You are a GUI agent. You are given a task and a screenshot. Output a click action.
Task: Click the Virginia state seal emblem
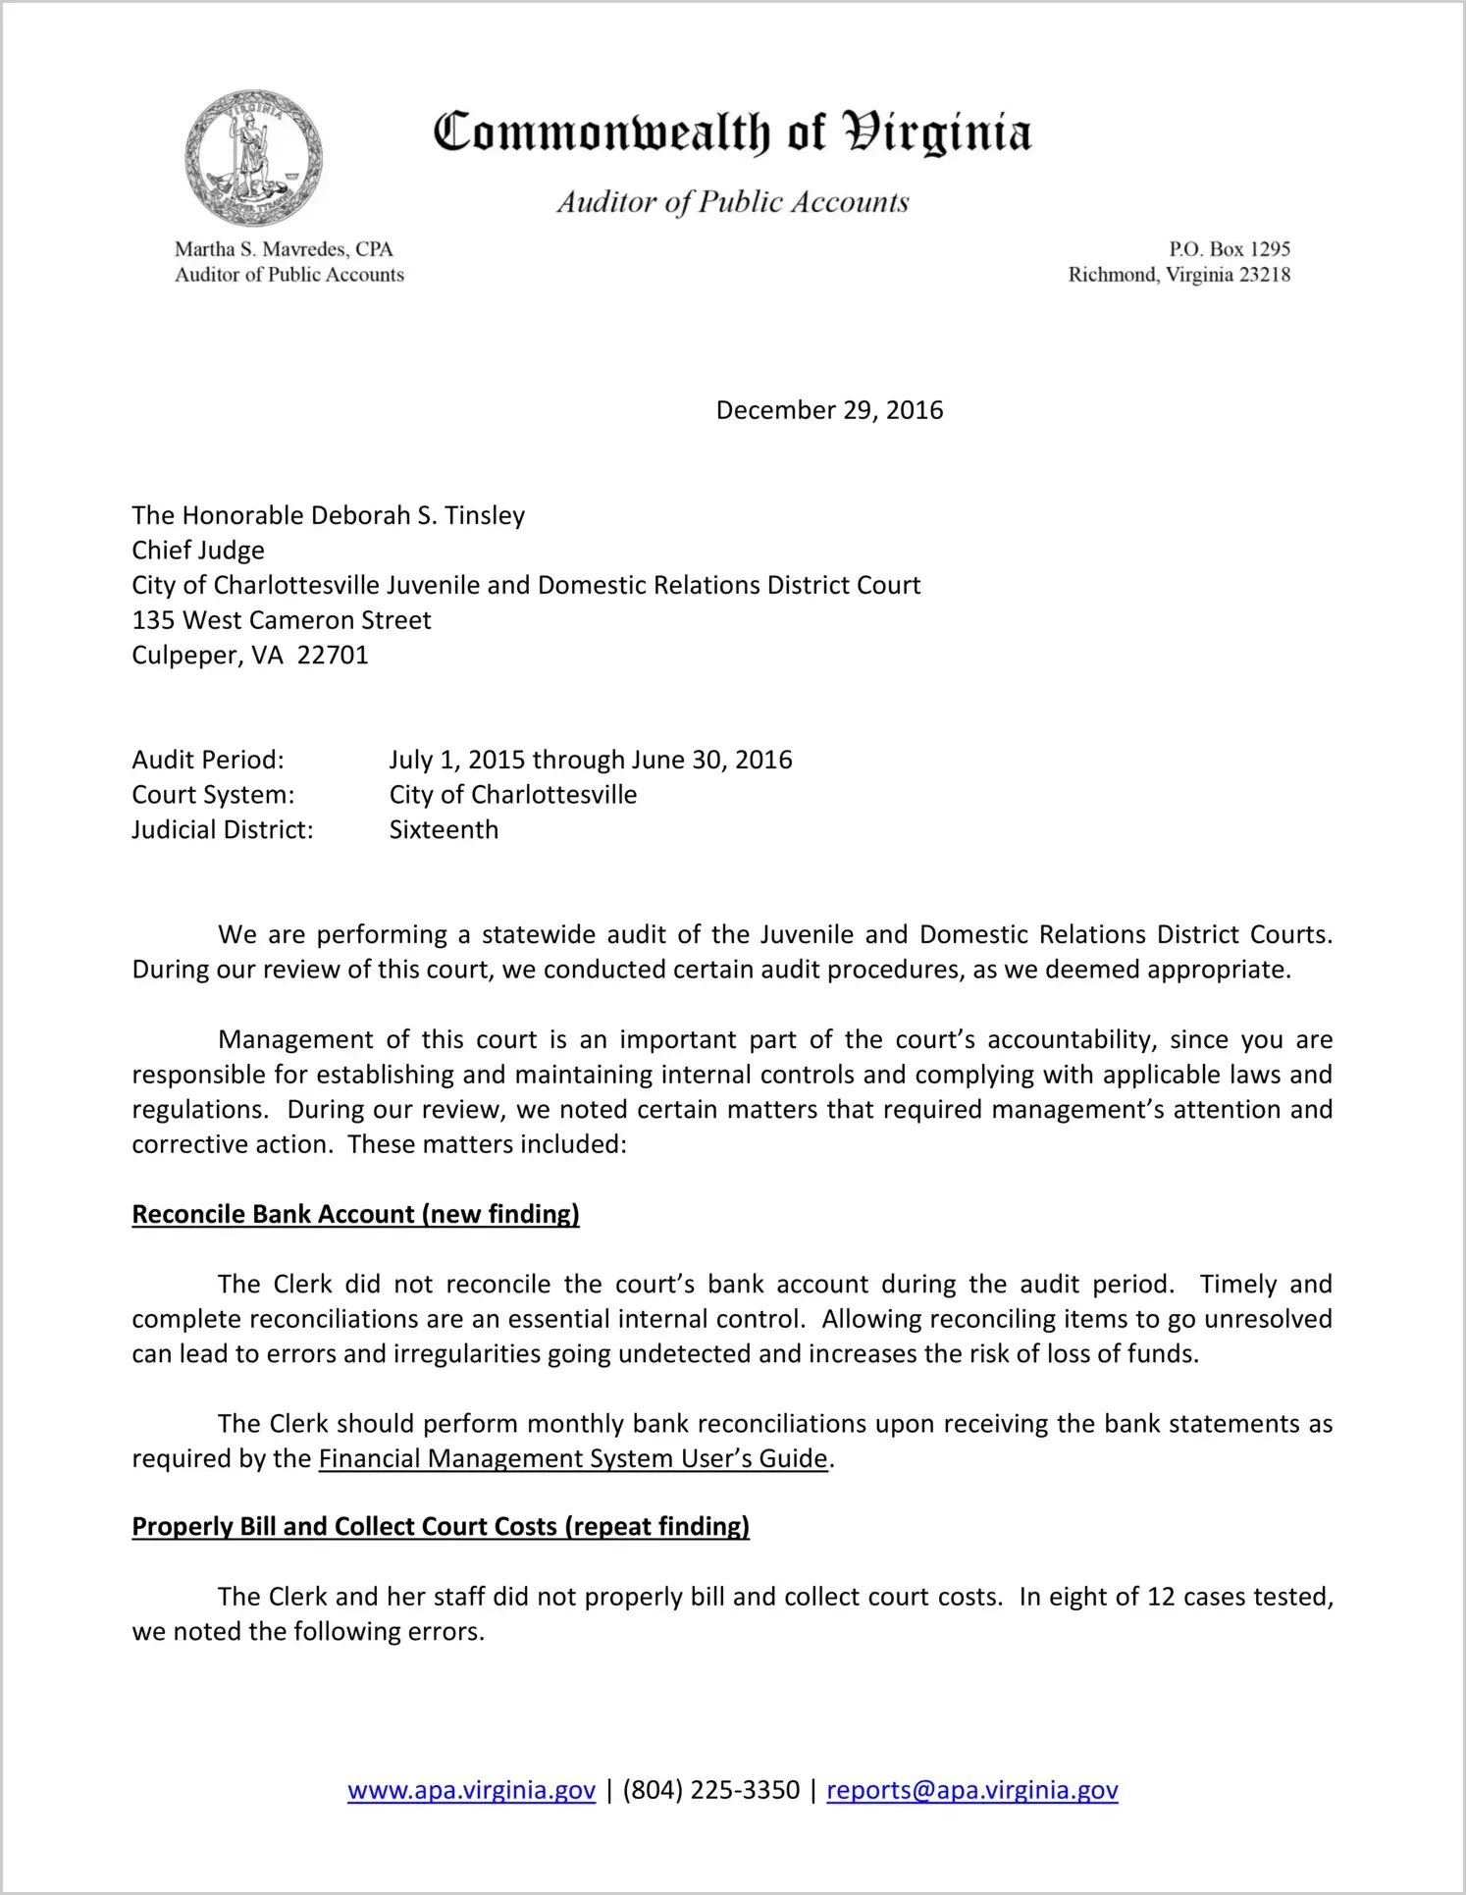(253, 158)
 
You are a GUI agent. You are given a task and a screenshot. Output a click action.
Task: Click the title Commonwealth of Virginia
(732, 132)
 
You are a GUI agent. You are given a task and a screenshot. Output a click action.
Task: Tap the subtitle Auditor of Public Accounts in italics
(732, 202)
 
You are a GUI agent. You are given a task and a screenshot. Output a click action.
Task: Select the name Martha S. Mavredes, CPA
(284, 249)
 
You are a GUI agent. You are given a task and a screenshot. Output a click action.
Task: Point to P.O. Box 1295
(1229, 249)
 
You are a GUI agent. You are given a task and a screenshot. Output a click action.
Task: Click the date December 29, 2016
(829, 410)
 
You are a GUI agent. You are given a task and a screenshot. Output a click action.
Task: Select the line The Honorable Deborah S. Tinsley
(329, 515)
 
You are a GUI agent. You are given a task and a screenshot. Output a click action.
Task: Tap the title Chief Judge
(198, 551)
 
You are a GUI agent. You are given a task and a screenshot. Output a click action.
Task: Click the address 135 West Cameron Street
(282, 620)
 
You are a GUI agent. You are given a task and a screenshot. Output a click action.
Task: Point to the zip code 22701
(333, 656)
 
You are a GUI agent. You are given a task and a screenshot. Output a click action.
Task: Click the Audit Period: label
(208, 760)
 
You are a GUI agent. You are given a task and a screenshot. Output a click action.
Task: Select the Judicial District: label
(223, 830)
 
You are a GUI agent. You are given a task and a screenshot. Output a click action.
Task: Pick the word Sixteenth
(444, 830)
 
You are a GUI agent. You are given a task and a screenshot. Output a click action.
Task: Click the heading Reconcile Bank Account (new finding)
(355, 1214)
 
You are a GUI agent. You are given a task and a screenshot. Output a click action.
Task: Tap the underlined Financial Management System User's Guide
(573, 1458)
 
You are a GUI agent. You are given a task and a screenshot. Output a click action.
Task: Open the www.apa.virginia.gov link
(471, 1790)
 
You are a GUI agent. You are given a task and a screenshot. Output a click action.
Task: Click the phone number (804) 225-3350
(710, 1790)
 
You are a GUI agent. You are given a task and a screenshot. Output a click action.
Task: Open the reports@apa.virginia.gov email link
(971, 1790)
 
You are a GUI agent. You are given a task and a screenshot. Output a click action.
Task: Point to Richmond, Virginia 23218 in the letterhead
(1178, 275)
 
